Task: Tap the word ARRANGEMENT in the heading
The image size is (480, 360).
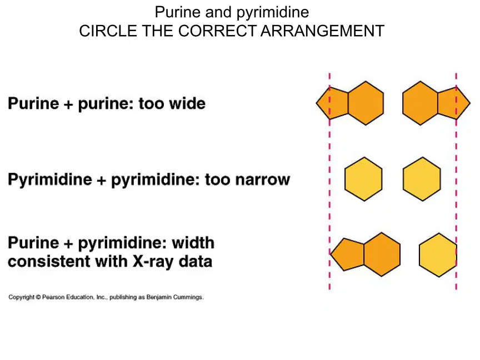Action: coord(322,31)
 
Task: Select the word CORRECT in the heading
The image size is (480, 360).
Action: coord(217,31)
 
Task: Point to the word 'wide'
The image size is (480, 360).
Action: coord(187,103)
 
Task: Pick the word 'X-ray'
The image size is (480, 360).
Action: coord(154,262)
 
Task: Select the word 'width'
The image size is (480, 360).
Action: coord(193,243)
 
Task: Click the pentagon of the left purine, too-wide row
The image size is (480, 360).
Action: coord(332,103)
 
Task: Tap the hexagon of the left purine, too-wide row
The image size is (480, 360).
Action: coord(366,103)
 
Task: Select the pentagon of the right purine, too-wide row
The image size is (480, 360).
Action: coord(454,103)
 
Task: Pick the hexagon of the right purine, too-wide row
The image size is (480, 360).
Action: coord(421,103)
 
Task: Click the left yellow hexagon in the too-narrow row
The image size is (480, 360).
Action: coord(363,179)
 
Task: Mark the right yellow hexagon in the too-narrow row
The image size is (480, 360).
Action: coord(422,179)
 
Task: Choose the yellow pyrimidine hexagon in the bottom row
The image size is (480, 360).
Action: coord(438,255)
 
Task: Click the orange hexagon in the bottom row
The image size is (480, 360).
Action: coord(382,254)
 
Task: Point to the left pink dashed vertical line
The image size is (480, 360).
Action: coord(329,181)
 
